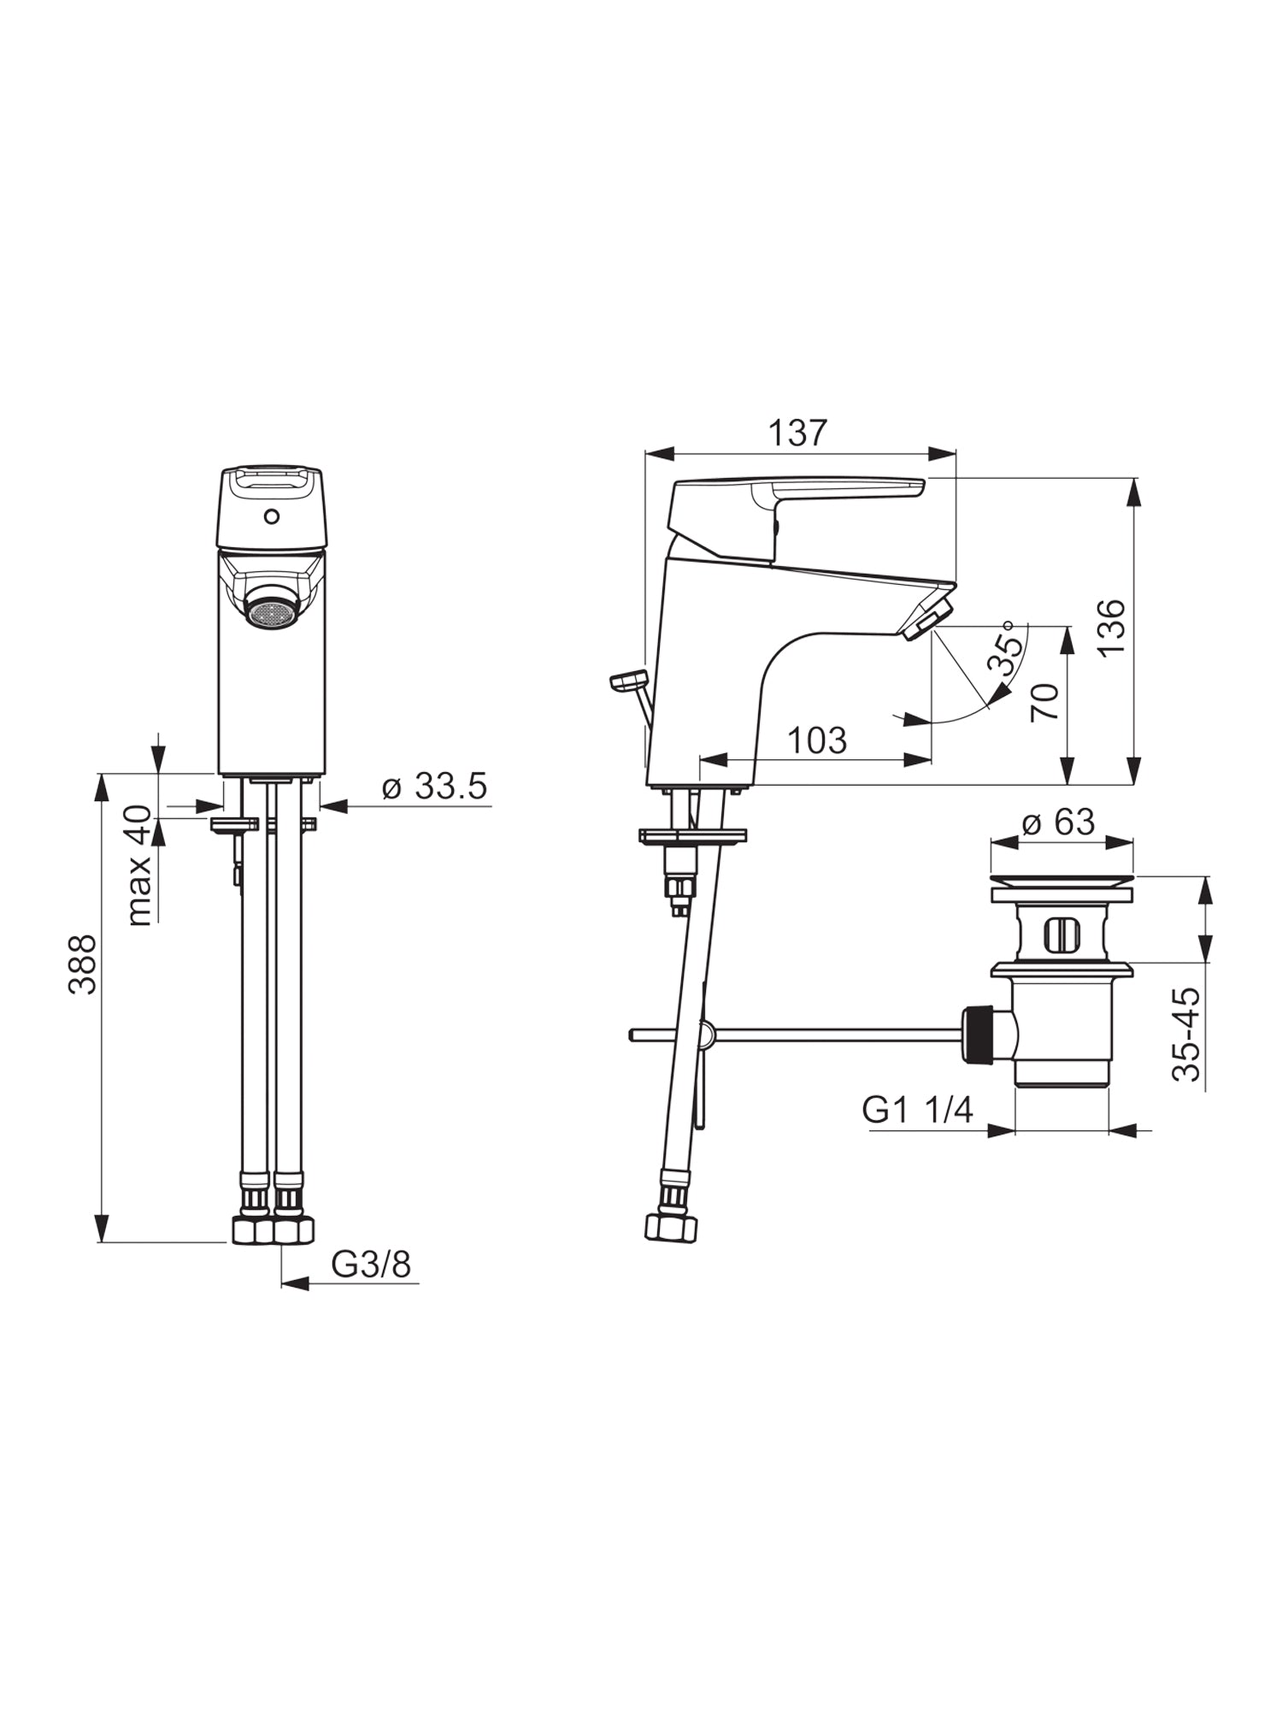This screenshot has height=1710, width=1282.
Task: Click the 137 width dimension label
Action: (798, 433)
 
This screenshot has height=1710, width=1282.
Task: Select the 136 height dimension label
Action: (1111, 628)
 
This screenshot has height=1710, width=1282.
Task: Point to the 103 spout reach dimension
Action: (817, 740)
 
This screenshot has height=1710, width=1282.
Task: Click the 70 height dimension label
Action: (1044, 703)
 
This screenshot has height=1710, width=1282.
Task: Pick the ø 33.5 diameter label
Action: (434, 786)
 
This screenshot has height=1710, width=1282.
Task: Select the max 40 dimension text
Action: (139, 865)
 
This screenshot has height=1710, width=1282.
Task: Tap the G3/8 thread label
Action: (371, 1265)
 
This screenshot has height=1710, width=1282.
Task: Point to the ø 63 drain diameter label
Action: (1058, 822)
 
